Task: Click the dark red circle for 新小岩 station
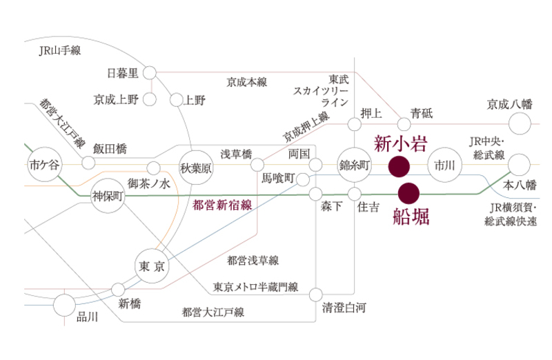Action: coord(399,166)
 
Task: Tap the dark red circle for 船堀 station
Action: coord(408,192)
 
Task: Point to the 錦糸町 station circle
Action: coord(355,166)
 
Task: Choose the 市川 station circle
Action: coord(441,166)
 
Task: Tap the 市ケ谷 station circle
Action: coord(41,166)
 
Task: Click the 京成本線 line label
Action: coord(246,82)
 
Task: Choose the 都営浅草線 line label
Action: coord(252,261)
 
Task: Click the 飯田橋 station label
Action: coord(110,149)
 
